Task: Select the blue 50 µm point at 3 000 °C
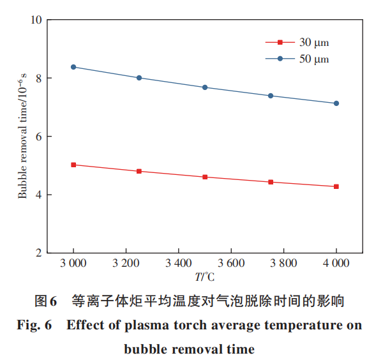point(73,67)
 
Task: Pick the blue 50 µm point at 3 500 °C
point(205,87)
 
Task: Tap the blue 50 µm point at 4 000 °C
point(336,103)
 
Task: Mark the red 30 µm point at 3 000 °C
point(73,165)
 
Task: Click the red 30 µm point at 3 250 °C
point(139,171)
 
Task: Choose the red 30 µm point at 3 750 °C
point(271,182)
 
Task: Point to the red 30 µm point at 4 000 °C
point(336,186)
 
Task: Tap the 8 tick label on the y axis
point(39,79)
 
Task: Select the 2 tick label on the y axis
point(39,253)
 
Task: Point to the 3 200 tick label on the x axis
point(126,263)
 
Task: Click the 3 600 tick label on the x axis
point(231,263)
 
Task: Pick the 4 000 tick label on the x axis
point(336,263)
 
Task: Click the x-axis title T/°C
point(206,277)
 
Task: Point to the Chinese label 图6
point(46,300)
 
